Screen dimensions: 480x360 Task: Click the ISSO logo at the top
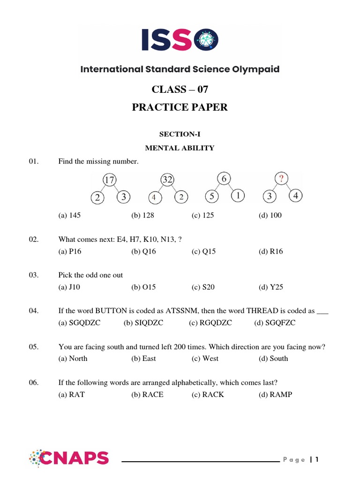point(180,40)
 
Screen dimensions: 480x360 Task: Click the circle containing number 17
point(110,180)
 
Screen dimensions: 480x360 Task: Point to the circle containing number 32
point(167,180)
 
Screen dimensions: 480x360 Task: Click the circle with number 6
point(224,179)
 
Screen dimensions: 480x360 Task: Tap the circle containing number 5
point(212,197)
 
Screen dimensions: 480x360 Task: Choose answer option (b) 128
point(142,216)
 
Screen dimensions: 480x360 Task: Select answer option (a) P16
point(69,251)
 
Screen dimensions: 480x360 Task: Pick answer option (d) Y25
point(270,287)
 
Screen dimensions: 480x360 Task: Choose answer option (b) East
point(143,359)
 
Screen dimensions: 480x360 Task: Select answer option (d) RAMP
point(275,394)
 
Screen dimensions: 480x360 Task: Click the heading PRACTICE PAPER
point(180,107)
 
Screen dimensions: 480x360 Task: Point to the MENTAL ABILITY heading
point(180,148)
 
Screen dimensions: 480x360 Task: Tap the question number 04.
point(33,311)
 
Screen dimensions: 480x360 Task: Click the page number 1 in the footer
point(317,459)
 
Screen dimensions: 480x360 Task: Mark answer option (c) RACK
point(208,394)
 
